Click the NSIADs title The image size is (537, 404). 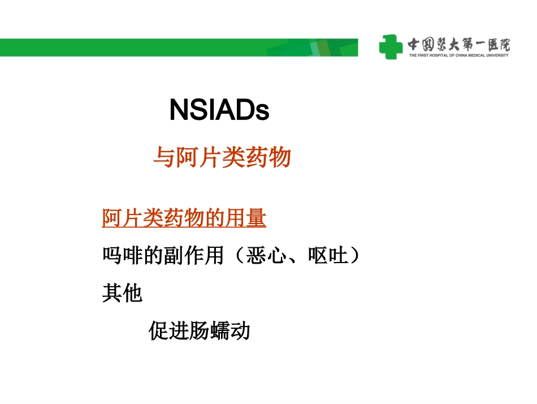[x=219, y=111]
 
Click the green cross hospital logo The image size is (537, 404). [x=391, y=46]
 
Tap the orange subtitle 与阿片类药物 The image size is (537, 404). [x=222, y=157]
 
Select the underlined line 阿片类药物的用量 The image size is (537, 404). [x=184, y=218]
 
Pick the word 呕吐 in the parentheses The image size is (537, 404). [x=328, y=256]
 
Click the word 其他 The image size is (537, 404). [x=122, y=293]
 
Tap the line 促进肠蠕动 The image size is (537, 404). [x=200, y=330]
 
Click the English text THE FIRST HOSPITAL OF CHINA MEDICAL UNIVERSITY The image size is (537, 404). [x=458, y=55]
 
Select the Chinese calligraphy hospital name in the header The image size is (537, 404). [x=458, y=44]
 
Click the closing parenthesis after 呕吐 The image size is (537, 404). [x=354, y=256]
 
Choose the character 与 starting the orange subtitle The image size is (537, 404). [x=163, y=157]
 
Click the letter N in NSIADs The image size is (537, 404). [x=179, y=111]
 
